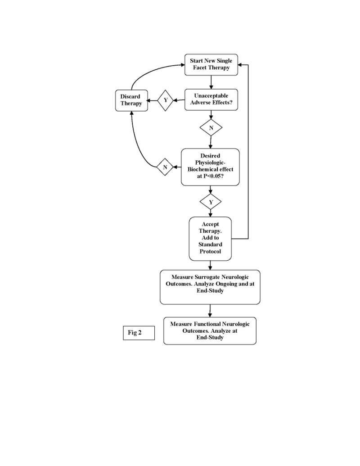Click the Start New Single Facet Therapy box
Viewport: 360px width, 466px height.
click(211, 64)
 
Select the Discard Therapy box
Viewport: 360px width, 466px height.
click(131, 100)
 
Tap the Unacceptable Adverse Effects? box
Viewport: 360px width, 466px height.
click(211, 100)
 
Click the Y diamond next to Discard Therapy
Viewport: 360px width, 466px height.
click(166, 100)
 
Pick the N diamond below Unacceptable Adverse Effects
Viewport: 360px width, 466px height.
click(211, 128)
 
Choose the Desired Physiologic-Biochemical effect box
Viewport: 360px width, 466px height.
click(210, 167)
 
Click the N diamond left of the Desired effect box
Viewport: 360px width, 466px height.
click(165, 167)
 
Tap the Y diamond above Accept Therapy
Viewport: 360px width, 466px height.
click(211, 202)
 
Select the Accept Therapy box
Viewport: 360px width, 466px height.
click(210, 238)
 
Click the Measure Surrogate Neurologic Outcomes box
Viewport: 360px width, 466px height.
click(210, 287)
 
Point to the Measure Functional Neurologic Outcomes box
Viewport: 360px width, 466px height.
click(210, 331)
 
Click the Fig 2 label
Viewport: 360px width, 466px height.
click(139, 333)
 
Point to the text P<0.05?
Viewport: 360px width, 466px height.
click(210, 176)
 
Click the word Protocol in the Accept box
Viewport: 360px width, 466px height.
click(210, 252)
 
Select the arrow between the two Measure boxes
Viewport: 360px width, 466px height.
click(210, 311)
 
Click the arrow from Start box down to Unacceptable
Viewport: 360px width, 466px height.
click(211, 82)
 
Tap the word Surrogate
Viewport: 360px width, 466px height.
click(211, 277)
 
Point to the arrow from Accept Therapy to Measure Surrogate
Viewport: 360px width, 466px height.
click(210, 265)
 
